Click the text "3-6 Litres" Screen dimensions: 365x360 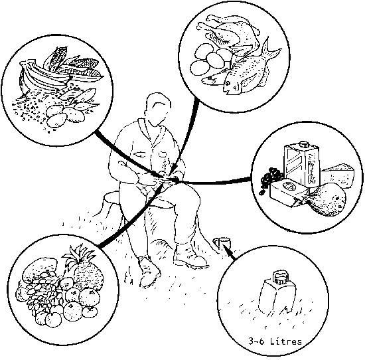pyautogui.click(x=275, y=341)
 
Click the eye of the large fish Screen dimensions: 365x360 pyautogui.click(x=228, y=83)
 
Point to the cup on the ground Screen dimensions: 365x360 pyautogui.click(x=222, y=244)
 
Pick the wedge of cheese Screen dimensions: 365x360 pyautogui.click(x=338, y=175)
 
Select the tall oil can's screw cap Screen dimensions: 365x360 pyautogui.click(x=303, y=144)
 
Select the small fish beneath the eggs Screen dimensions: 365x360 pyautogui.click(x=213, y=80)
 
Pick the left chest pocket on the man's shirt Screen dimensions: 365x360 pyautogui.click(x=139, y=154)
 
